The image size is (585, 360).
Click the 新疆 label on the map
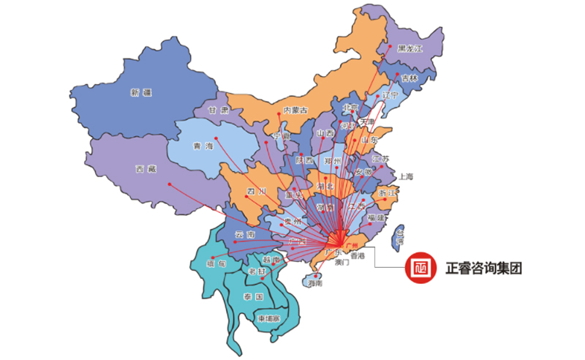pyautogui.click(x=140, y=92)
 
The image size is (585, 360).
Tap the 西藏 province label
pyautogui.click(x=146, y=169)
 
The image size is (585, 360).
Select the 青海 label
pyautogui.click(x=203, y=146)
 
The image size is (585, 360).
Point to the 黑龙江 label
pyautogui.click(x=410, y=49)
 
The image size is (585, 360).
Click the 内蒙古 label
pyautogui.click(x=295, y=110)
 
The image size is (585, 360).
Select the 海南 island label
pyautogui.click(x=315, y=282)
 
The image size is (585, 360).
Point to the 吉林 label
pyautogui.click(x=409, y=78)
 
